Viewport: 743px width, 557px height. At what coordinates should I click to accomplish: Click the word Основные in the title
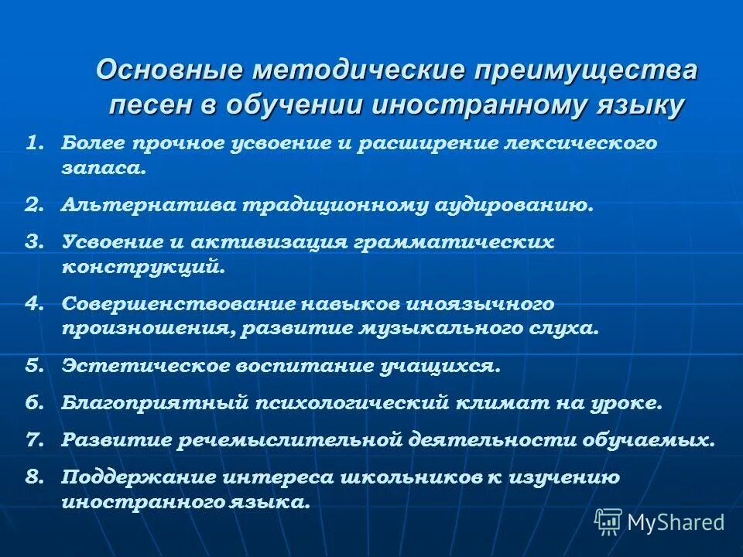[166, 70]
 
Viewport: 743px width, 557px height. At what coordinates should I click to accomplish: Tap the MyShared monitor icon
[608, 521]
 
